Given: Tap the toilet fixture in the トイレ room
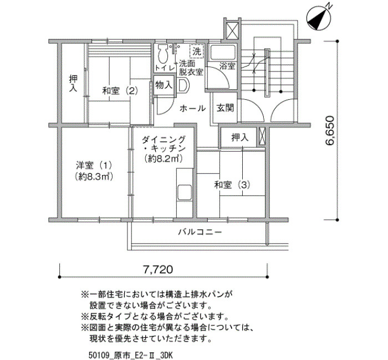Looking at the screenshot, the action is (162, 54).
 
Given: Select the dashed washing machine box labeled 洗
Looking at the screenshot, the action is (197, 52).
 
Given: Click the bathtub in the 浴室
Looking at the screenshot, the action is (222, 53).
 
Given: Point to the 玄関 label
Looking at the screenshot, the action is (225, 108).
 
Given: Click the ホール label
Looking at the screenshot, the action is (192, 109).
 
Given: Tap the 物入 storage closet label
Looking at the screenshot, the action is (164, 85).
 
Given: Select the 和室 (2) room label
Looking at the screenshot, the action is (120, 91).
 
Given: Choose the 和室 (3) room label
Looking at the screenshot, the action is (232, 185).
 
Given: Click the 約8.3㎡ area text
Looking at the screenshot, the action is (94, 177).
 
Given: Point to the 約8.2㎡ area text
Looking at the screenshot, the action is (164, 159).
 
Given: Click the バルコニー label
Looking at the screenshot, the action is (200, 233).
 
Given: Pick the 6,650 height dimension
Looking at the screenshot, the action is (330, 131).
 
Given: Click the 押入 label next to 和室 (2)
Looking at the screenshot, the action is (73, 84).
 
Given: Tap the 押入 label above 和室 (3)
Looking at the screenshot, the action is (240, 137).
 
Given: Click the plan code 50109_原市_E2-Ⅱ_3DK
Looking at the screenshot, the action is (130, 356).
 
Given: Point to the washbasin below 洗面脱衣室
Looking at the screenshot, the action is (183, 86).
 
